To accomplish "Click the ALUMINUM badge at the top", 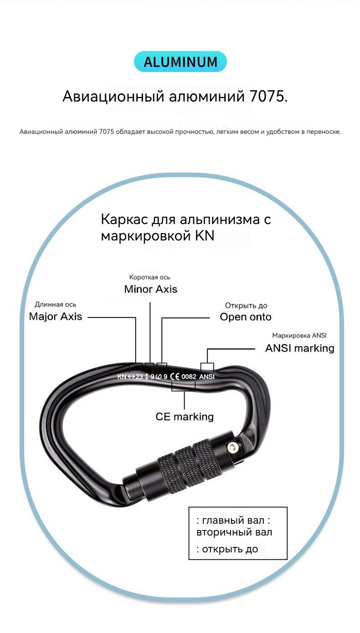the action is [x=180, y=61].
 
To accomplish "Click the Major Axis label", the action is [x=56, y=316].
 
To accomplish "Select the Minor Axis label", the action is [x=151, y=289].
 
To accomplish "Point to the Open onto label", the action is [x=246, y=317].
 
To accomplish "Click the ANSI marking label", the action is [x=300, y=348].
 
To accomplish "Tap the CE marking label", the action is [x=185, y=417].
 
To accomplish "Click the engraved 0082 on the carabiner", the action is [x=189, y=377].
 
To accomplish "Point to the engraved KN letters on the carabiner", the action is [x=122, y=377].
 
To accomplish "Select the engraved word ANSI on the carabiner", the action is [x=207, y=377].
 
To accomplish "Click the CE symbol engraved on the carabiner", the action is [x=175, y=377].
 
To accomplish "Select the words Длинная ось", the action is [x=56, y=305].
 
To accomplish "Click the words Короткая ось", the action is [x=149, y=277].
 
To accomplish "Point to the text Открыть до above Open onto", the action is [x=246, y=306].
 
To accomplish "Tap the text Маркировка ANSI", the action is [x=299, y=336].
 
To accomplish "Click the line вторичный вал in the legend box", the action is [x=234, y=532].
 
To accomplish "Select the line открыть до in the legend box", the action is [x=227, y=549].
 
